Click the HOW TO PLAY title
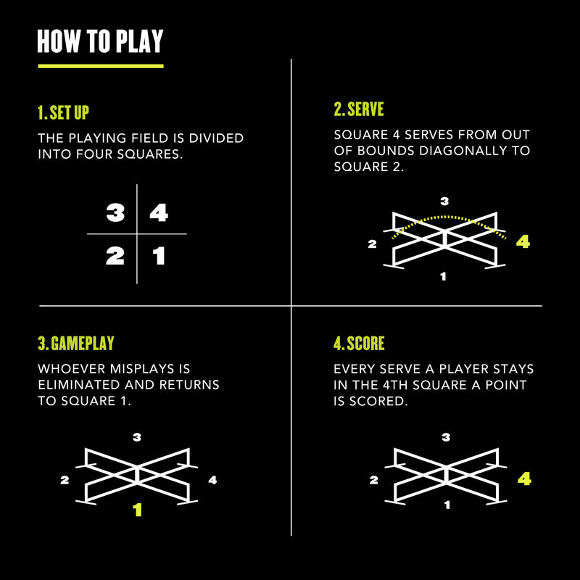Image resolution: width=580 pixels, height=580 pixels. point(100,42)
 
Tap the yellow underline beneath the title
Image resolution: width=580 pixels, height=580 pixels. point(100,66)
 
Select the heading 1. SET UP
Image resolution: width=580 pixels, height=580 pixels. point(63,113)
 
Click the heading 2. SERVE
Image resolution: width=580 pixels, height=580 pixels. point(359,109)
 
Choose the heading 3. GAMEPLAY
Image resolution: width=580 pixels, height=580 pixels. point(76,344)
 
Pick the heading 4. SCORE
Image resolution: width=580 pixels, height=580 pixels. point(359,344)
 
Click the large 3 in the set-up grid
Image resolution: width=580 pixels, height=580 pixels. point(115,213)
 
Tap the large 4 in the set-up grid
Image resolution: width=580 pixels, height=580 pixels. point(158,213)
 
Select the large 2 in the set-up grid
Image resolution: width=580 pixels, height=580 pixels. point(115,256)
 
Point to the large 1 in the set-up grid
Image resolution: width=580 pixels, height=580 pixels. point(158,256)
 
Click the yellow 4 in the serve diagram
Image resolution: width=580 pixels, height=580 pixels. point(523,242)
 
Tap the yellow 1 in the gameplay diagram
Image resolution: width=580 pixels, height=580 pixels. point(138,510)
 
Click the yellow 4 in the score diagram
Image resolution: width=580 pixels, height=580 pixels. point(524,479)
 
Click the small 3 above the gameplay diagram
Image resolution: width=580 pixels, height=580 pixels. point(137,436)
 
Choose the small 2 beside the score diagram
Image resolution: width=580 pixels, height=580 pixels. point(373,480)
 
